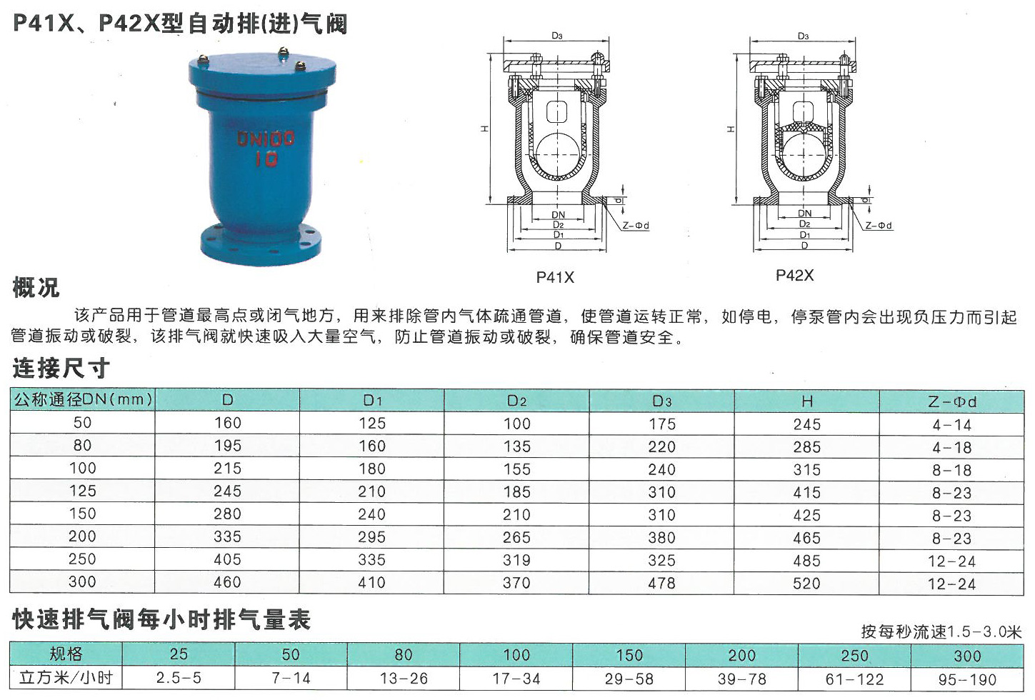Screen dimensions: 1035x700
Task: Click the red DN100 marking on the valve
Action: coord(266,139)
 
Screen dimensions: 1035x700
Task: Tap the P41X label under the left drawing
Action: coord(555,277)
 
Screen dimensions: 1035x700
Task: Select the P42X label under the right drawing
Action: coord(794,276)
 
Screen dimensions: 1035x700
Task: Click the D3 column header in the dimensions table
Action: coord(661,401)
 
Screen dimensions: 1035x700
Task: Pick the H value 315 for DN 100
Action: coord(806,469)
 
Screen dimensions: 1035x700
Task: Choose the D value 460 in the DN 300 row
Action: coord(227,582)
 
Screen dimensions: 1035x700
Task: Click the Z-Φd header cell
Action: coord(952,401)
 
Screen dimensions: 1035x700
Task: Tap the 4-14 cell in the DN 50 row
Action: coord(952,424)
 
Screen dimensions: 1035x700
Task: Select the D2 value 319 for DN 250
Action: coord(516,560)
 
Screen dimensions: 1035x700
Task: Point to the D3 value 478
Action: coord(661,583)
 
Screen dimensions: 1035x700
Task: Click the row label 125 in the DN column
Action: coord(83,491)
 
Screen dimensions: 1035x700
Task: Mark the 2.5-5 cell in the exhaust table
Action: coord(179,678)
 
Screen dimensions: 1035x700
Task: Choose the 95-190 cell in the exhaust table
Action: coord(967,680)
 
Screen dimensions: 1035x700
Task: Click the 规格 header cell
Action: coord(66,654)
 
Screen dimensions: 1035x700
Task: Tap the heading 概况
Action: coord(36,288)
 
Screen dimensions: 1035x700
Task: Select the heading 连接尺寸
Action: coord(61,369)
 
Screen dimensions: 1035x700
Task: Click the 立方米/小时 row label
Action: coord(66,678)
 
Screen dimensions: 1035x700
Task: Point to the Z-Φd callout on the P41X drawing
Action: coord(636,226)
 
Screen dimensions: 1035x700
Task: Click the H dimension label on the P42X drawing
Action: coord(731,129)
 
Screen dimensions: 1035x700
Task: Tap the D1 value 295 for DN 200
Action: coord(372,537)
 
